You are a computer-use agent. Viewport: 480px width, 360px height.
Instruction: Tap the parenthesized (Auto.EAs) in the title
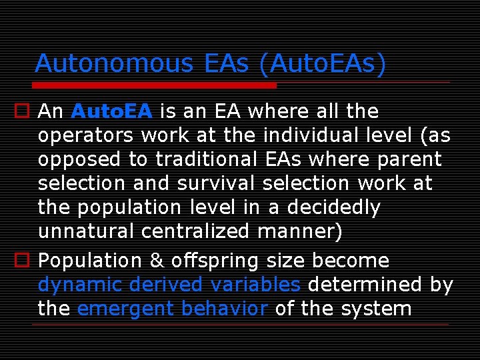coord(323,63)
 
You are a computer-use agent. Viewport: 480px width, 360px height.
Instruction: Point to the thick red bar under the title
coord(155,85)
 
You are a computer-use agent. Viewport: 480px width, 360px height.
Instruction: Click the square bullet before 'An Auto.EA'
coord(23,111)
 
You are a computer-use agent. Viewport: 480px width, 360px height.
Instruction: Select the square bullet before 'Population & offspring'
coord(23,261)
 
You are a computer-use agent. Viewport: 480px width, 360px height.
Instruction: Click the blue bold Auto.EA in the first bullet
coord(112,111)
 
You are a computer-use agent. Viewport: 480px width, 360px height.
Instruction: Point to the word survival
coord(217,183)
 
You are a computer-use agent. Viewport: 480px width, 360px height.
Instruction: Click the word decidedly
coord(333,208)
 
